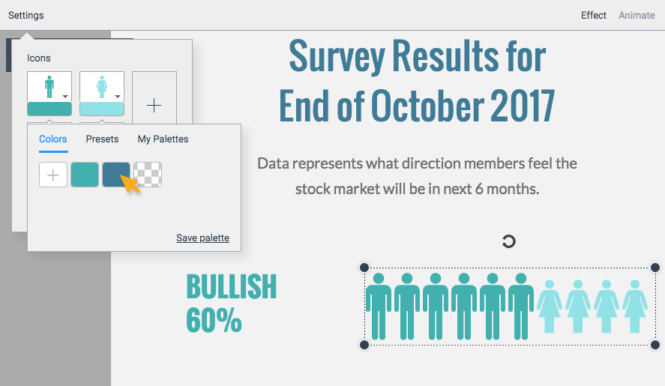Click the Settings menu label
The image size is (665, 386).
(x=26, y=15)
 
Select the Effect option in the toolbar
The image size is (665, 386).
(x=593, y=15)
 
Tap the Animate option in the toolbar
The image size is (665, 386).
(x=637, y=15)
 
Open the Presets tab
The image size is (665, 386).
(x=102, y=139)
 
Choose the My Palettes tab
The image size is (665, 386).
(x=163, y=139)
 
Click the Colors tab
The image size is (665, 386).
(x=53, y=139)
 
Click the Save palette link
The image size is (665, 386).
(x=202, y=238)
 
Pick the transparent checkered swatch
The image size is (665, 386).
(x=148, y=175)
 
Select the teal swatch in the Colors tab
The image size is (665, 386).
(x=85, y=175)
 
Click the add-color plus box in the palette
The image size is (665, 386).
(x=53, y=175)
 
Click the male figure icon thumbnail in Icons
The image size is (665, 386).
(x=49, y=87)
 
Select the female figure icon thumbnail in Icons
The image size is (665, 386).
(x=102, y=87)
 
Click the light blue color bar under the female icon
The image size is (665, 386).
(x=102, y=109)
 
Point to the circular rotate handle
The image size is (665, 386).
(x=508, y=241)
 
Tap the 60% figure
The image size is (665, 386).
(x=214, y=320)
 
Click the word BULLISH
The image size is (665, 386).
(x=232, y=286)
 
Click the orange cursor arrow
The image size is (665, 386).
(x=130, y=184)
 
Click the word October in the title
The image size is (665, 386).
(x=427, y=106)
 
